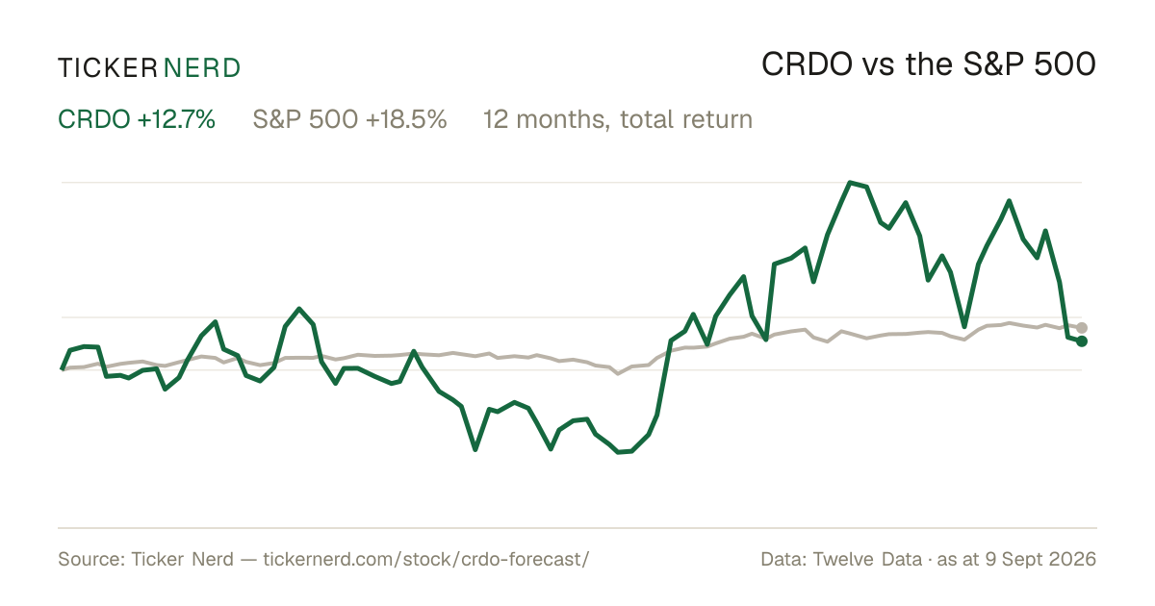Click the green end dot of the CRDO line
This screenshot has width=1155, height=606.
[x=1081, y=341]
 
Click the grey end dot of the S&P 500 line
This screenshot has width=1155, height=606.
[x=1081, y=327]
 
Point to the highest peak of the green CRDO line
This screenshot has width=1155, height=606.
[x=850, y=183]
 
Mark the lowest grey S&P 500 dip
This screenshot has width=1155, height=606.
[x=618, y=373]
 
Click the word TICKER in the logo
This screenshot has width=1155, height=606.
[x=107, y=68]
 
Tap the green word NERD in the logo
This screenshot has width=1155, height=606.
[x=201, y=68]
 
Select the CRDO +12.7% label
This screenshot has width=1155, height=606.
[x=136, y=119]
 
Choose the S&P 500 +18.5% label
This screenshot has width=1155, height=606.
[x=349, y=119]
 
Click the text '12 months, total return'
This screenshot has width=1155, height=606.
[x=618, y=120]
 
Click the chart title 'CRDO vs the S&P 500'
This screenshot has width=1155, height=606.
[x=929, y=64]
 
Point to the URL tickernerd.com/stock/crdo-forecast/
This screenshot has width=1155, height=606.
[x=425, y=559]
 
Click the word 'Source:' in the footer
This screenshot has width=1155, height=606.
[x=91, y=559]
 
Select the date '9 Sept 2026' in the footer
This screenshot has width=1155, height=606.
[x=1040, y=559]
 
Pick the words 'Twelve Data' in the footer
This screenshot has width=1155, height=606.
[x=867, y=559]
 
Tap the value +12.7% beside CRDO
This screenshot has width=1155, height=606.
[x=176, y=119]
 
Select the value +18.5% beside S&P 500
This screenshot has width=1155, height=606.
[x=406, y=119]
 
